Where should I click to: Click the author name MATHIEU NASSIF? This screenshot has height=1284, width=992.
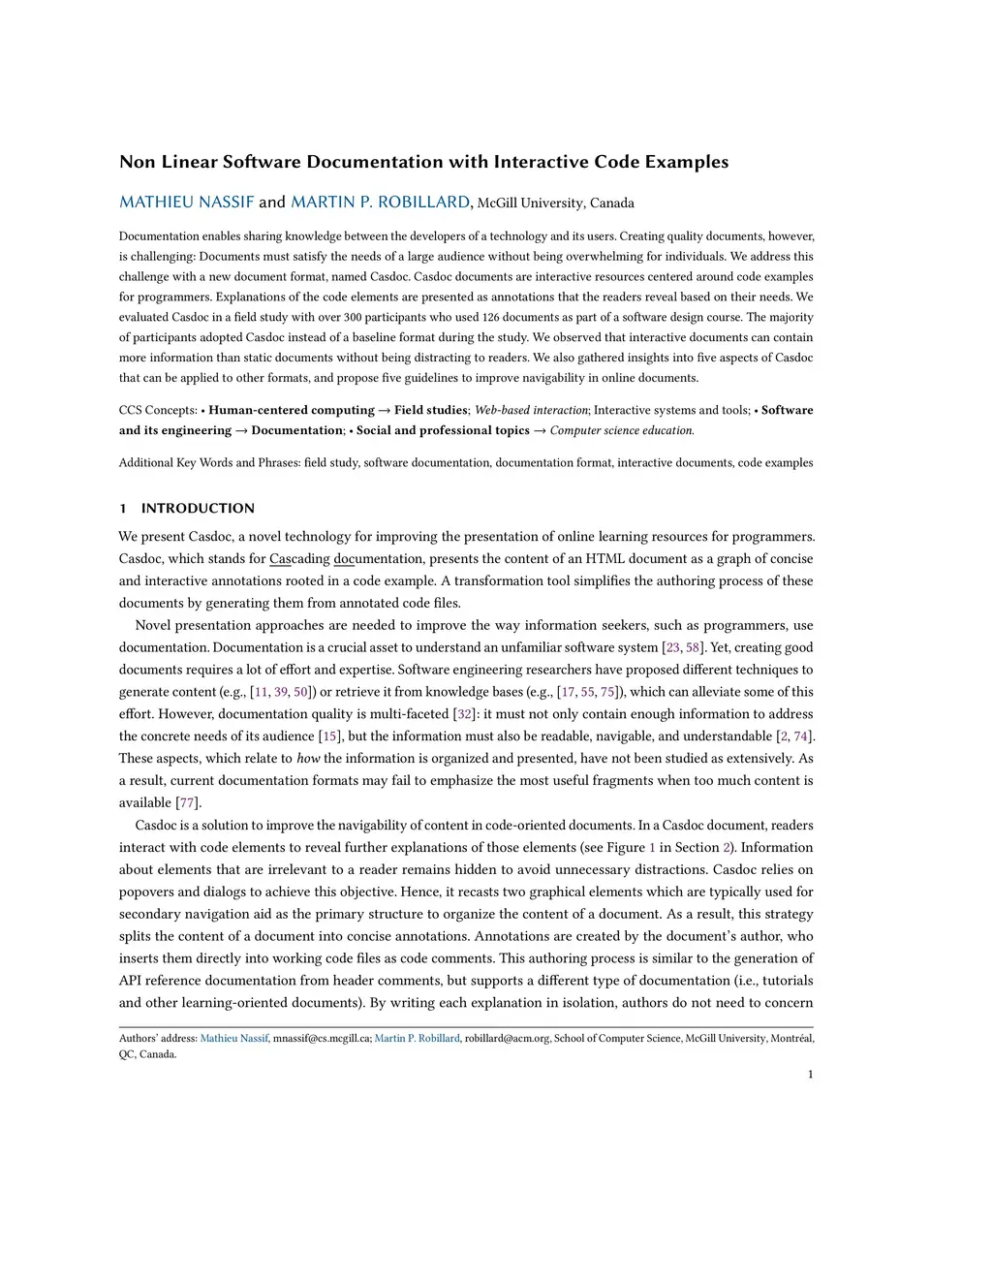186,203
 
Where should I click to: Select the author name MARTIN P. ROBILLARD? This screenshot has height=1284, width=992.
380,203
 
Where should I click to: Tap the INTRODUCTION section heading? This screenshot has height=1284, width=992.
198,508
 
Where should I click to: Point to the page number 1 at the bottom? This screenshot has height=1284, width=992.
810,1074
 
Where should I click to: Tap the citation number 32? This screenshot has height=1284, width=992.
465,714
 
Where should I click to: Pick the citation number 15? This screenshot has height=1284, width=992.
330,736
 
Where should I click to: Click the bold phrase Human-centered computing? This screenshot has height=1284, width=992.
291,410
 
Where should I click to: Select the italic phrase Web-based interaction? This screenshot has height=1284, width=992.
531,410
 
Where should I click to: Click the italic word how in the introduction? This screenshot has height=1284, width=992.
308,759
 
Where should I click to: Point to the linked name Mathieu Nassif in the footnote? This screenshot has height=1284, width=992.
233,1039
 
